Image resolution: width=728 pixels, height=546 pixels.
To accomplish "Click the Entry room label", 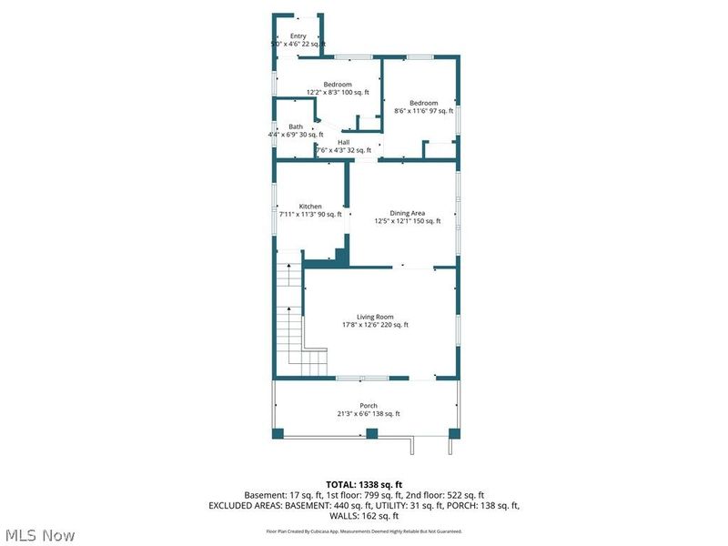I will tap(298, 36).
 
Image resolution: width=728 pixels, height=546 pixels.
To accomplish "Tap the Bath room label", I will tap(296, 126).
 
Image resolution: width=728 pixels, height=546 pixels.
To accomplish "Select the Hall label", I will tap(343, 142).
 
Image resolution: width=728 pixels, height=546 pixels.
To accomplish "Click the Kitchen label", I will tap(310, 207).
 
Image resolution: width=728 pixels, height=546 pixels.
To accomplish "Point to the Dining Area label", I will tap(407, 213).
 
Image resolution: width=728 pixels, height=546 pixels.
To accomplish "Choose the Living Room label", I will tap(375, 317).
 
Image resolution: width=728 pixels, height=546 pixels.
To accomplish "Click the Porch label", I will tap(369, 406).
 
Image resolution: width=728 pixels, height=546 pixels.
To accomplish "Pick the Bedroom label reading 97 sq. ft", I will tap(423, 103).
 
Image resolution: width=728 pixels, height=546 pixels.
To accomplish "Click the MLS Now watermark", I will tap(40, 535).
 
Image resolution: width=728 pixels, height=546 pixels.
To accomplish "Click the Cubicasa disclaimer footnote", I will tap(364, 531).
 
